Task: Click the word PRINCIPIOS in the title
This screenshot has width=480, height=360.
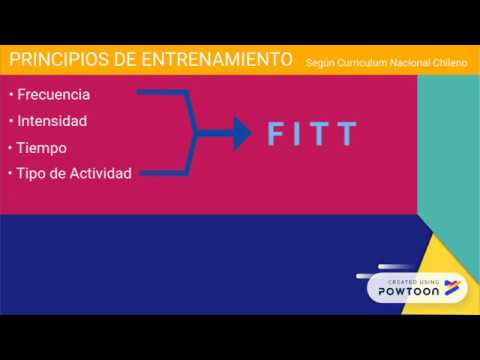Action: pyautogui.click(x=58, y=60)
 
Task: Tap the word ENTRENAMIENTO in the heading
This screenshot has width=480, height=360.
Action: pyautogui.click(x=215, y=60)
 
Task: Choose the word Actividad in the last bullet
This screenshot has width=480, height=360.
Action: pyautogui.click(x=97, y=173)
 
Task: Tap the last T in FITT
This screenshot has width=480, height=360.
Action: pyautogui.click(x=347, y=134)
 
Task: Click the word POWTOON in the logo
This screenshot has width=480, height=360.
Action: pyautogui.click(x=407, y=292)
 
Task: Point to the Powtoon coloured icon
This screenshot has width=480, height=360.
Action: pyautogui.click(x=451, y=288)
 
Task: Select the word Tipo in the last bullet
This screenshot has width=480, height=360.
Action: pyautogui.click(x=28, y=173)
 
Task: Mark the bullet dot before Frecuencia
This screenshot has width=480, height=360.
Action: pyautogui.click(x=9, y=95)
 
